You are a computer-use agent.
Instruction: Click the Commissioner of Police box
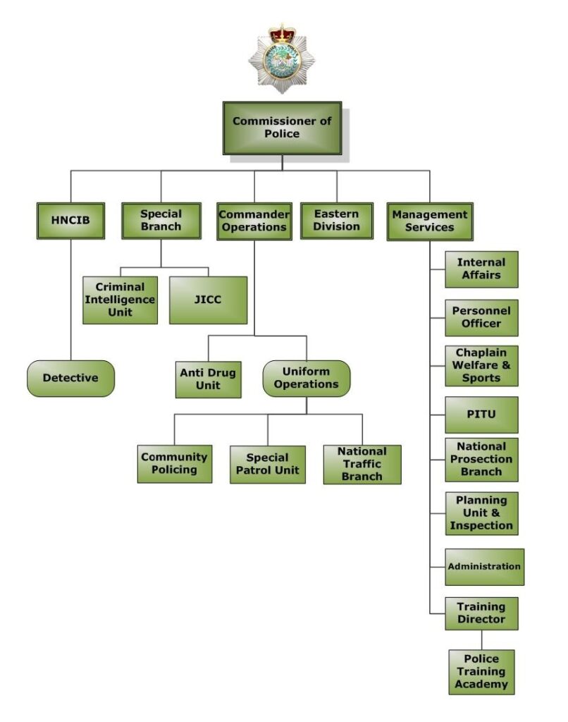point(282,128)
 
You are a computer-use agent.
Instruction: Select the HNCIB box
point(70,220)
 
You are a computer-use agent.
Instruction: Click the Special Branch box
point(161,220)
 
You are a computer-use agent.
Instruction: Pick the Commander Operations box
point(254,220)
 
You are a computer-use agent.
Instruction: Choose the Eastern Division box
point(336,220)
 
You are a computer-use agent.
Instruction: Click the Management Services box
point(429,221)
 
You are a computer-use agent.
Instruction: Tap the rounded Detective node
point(70,378)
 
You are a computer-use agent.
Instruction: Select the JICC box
point(208,300)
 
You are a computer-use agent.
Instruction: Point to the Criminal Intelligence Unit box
point(120,300)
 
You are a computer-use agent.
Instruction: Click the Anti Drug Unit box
point(208,379)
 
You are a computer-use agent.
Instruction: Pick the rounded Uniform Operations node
point(306,378)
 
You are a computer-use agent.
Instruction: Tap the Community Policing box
point(175,463)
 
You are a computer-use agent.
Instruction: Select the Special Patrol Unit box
point(268,464)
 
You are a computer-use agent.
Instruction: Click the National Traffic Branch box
point(362,464)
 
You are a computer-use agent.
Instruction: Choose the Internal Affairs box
point(481,269)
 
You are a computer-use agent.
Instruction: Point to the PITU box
point(481,415)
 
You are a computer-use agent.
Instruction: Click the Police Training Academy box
point(481,671)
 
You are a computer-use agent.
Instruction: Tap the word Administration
point(484,566)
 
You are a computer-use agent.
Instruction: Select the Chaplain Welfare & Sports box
point(481,365)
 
